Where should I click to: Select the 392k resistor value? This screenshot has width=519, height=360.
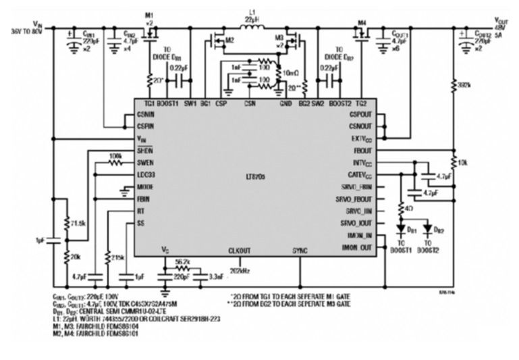pos(461,86)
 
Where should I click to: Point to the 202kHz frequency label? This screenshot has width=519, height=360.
pos(240,271)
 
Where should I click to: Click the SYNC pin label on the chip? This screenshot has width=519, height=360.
pos(299,251)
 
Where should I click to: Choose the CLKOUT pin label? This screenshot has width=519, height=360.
pos(240,251)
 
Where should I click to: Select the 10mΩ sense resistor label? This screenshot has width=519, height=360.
pos(291,72)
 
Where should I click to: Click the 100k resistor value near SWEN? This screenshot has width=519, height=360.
pos(115,155)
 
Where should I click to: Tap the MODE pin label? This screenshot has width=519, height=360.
pos(145,186)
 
